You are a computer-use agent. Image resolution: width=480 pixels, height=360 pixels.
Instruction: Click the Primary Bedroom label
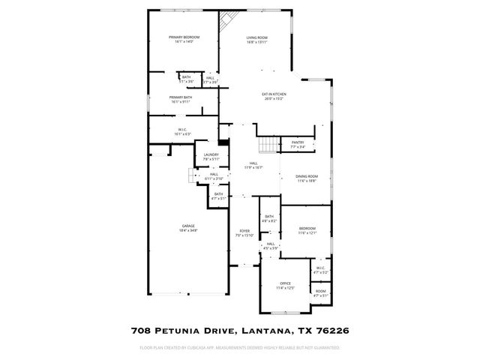click(x=183, y=37)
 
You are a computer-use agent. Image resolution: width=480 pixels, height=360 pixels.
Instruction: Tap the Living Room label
click(x=257, y=37)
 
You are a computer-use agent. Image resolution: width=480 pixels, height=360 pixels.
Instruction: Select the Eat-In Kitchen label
click(x=274, y=94)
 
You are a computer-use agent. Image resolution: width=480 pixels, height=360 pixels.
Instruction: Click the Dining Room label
click(x=307, y=176)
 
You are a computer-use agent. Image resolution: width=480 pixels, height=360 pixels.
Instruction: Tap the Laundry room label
click(x=211, y=154)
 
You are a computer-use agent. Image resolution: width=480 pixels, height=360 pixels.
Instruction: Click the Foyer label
click(x=244, y=230)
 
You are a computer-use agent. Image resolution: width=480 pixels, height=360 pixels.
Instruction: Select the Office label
click(x=285, y=283)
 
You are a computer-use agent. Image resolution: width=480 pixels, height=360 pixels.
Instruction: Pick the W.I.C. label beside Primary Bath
click(x=182, y=129)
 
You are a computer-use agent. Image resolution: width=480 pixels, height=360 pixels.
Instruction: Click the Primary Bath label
click(x=181, y=97)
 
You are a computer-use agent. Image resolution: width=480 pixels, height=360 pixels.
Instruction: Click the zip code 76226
click(x=329, y=329)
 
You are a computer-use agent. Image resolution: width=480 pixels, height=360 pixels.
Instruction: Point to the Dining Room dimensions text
click(x=307, y=181)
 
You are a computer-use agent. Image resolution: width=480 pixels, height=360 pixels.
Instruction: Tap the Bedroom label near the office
click(x=307, y=228)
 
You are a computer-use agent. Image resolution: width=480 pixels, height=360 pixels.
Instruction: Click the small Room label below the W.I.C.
click(x=320, y=291)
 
